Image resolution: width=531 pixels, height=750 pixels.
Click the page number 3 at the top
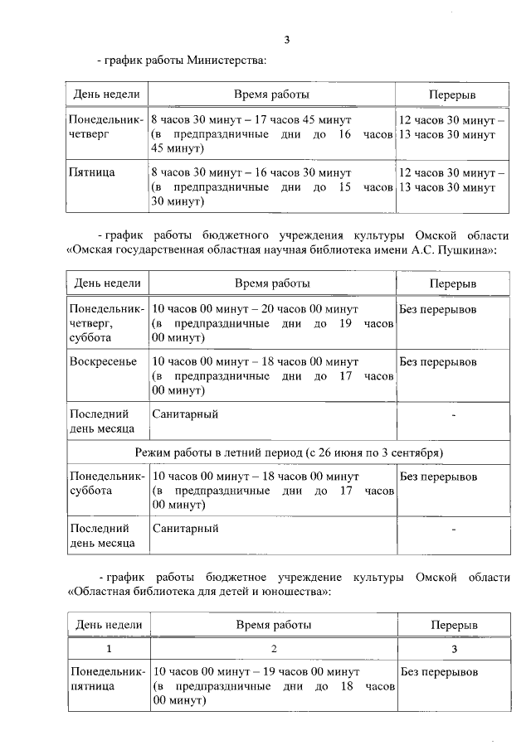click(287, 40)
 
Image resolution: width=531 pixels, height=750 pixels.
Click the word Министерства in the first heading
click(227, 60)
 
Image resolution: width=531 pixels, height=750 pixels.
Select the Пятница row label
click(93, 172)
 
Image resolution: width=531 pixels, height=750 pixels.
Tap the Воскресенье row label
click(103, 362)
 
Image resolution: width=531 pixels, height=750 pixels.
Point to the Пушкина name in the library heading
click(465, 249)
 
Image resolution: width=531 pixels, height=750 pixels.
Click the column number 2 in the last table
click(273, 649)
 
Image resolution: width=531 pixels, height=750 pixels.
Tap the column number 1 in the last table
click(109, 649)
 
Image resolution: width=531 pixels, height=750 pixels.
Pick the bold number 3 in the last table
click(453, 649)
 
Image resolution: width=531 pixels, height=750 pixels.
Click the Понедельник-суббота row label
click(107, 484)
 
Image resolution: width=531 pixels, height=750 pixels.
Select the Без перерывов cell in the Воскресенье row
click(438, 362)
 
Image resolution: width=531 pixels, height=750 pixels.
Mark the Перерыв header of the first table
click(451, 94)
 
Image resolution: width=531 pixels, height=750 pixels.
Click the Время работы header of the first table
click(271, 94)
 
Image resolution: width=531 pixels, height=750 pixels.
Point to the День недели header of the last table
click(109, 624)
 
